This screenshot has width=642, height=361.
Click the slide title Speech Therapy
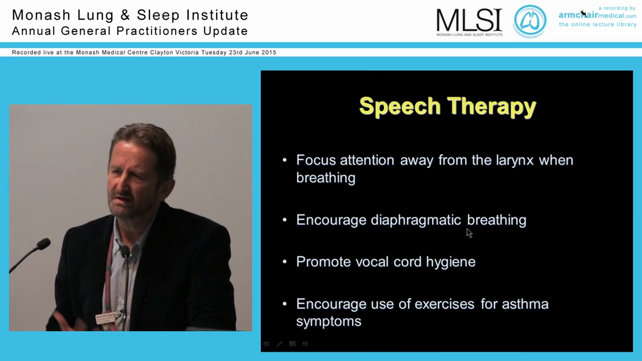(x=447, y=106)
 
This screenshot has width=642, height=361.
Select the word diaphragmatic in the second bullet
(x=416, y=220)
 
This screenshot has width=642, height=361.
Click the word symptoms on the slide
(x=329, y=321)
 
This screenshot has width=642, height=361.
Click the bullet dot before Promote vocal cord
(x=285, y=262)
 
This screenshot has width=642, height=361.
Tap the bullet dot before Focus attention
(x=285, y=160)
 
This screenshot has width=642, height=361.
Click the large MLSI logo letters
(x=469, y=20)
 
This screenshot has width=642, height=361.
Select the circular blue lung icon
(x=530, y=21)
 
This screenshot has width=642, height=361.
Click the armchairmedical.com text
(x=597, y=16)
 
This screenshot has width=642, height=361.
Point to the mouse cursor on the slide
(x=469, y=233)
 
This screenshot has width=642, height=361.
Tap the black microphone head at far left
(x=44, y=244)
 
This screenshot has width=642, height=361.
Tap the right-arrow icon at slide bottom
(x=305, y=344)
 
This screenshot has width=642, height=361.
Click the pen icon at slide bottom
(x=279, y=344)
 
